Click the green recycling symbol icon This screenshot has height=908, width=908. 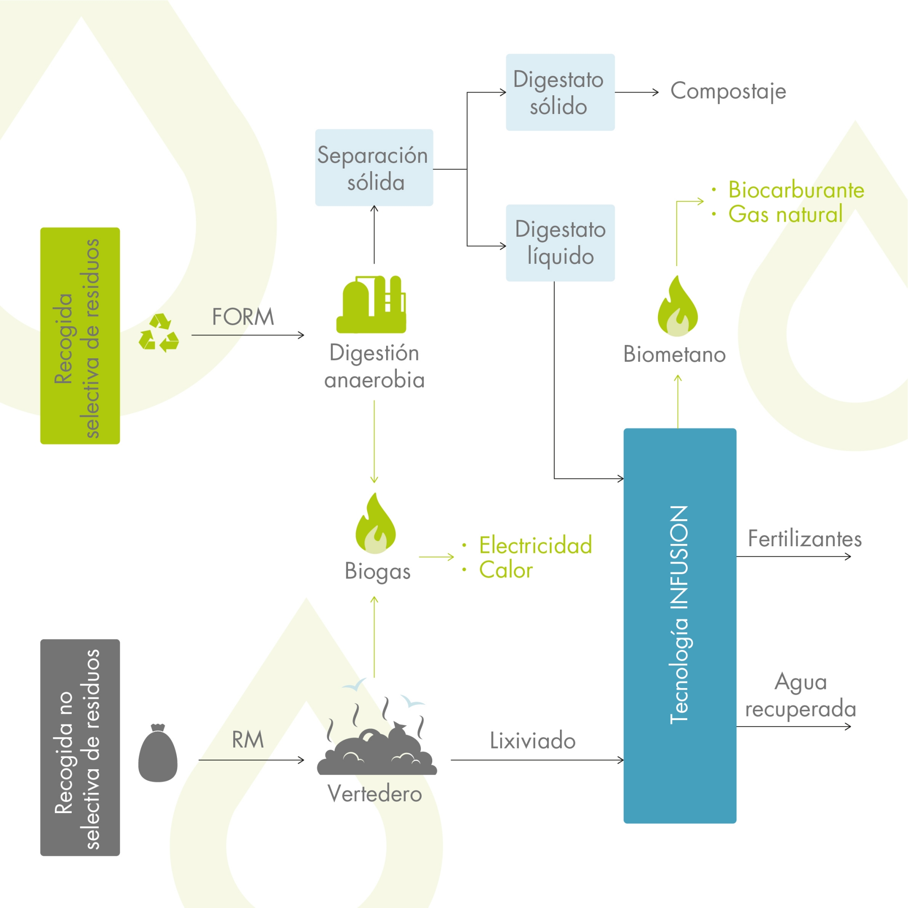click(159, 333)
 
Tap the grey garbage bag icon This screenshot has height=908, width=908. click(158, 753)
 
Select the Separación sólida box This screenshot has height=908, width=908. click(374, 168)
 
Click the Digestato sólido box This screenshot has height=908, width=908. click(560, 93)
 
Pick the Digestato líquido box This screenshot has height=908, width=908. click(560, 243)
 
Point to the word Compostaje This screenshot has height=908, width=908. click(728, 92)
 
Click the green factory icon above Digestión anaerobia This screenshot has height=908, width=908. click(371, 305)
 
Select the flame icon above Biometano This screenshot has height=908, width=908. click(677, 306)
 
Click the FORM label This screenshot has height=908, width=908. click(243, 317)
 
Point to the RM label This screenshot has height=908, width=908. click(248, 740)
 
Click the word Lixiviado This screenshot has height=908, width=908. click(532, 741)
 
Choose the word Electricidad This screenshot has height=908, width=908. click(535, 545)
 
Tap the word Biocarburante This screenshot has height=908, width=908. click(796, 190)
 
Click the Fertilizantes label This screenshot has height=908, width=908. click(805, 539)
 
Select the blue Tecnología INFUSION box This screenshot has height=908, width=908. click(680, 626)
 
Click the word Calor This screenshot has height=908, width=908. click(506, 570)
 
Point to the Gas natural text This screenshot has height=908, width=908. click(785, 215)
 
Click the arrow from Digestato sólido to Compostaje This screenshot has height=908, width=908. click(636, 93)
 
